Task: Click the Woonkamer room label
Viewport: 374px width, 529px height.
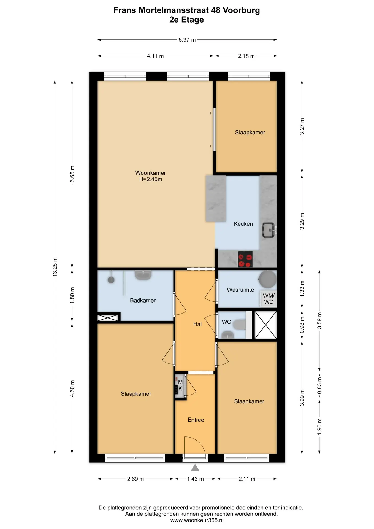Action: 150,173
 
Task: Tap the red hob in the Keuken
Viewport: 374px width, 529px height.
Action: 245,260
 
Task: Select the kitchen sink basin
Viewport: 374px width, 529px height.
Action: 268,230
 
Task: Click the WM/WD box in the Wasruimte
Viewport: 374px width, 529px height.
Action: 269,299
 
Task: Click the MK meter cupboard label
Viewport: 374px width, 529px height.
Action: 180,385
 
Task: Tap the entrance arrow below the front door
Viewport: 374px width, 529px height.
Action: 195,467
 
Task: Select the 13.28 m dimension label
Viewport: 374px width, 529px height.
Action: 55,267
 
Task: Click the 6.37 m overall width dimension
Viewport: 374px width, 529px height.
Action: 187,40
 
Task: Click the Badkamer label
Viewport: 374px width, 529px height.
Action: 143,300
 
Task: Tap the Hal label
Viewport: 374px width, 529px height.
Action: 197,324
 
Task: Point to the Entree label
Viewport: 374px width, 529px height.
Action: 196,420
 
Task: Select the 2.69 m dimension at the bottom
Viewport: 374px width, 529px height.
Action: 135,479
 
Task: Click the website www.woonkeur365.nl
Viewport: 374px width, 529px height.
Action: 197,520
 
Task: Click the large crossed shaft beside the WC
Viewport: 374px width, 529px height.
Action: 265,325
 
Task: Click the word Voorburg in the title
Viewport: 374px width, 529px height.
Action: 241,10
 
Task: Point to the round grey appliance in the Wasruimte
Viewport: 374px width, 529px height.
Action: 267,279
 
